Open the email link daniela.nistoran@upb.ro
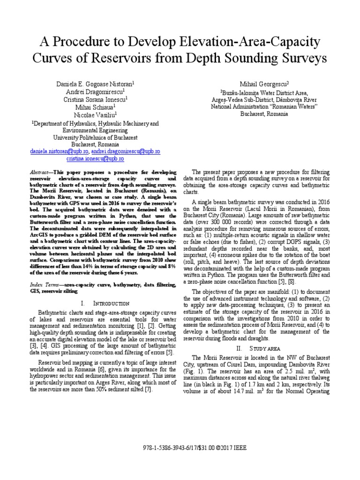click(x=60, y=152)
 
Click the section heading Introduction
click(x=103, y=303)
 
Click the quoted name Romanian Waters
click(x=294, y=106)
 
